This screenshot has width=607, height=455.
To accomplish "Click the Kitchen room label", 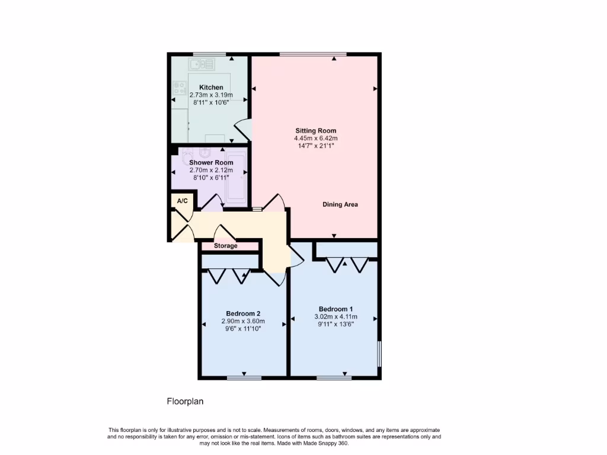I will (x=211, y=88).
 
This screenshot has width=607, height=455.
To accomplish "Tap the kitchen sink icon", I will (x=197, y=64).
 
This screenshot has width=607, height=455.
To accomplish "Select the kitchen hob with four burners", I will (x=179, y=88).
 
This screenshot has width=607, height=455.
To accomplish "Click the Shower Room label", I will (x=211, y=162).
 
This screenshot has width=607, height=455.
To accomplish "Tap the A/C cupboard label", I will (x=182, y=201).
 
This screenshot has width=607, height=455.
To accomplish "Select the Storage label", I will (x=225, y=246).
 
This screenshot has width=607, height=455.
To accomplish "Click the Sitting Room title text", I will (x=316, y=131).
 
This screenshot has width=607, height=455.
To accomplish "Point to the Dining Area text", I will (x=340, y=204).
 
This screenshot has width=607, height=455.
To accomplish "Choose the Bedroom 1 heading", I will (x=336, y=309).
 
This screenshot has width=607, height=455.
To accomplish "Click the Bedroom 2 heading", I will (x=243, y=314).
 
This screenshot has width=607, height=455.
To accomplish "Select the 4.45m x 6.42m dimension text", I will (x=316, y=139).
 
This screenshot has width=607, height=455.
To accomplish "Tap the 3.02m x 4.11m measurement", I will (x=336, y=317).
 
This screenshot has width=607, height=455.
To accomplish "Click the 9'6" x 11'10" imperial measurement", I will (x=243, y=329).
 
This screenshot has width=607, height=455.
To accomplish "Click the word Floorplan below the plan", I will (x=185, y=402).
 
